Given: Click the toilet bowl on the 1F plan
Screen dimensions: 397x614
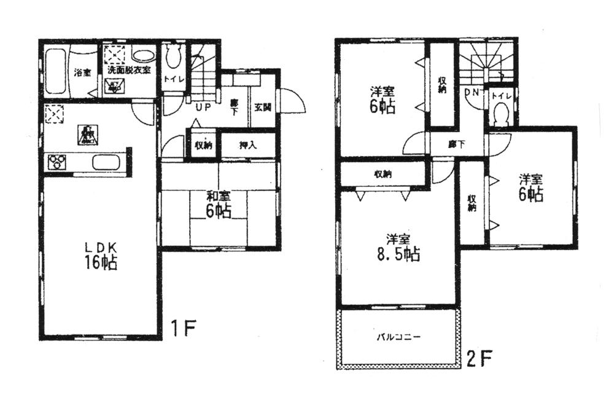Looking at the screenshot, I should click(173, 58).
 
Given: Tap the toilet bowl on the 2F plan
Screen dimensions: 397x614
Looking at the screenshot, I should click(501, 114).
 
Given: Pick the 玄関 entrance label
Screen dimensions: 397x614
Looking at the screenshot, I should click(265, 106).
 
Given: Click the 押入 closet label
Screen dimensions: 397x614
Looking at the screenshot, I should click(247, 146).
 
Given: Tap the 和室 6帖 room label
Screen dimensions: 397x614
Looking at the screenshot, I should click(218, 204).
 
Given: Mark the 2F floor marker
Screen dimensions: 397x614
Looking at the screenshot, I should click(481, 357).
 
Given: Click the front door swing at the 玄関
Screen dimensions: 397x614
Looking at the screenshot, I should click(292, 101).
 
